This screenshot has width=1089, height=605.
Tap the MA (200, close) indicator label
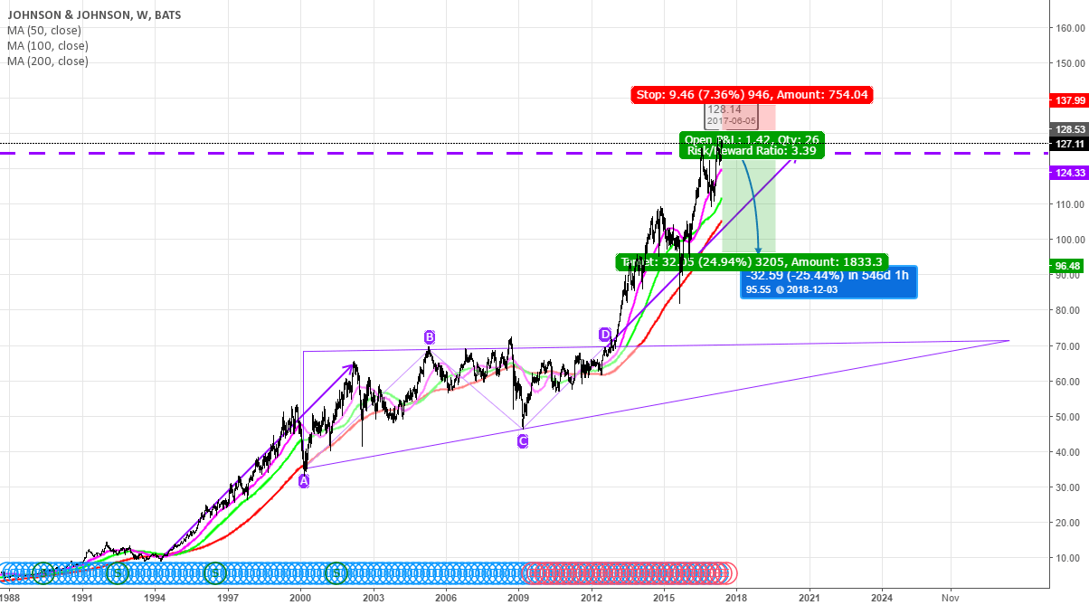(48, 61)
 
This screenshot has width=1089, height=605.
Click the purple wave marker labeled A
(304, 481)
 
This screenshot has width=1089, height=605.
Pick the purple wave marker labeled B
(430, 337)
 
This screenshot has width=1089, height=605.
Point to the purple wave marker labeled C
(522, 440)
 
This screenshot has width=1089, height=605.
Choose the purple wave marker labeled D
(605, 335)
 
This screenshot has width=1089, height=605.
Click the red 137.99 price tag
(1069, 99)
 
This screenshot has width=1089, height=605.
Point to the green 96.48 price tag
(1069, 241)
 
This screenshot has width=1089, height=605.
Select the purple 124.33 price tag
(1069, 172)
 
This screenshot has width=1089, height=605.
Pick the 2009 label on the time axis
(517, 597)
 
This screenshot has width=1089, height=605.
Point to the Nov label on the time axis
(951, 597)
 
